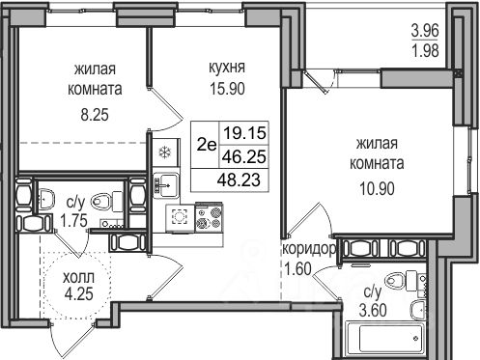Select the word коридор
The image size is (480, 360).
(310, 249)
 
